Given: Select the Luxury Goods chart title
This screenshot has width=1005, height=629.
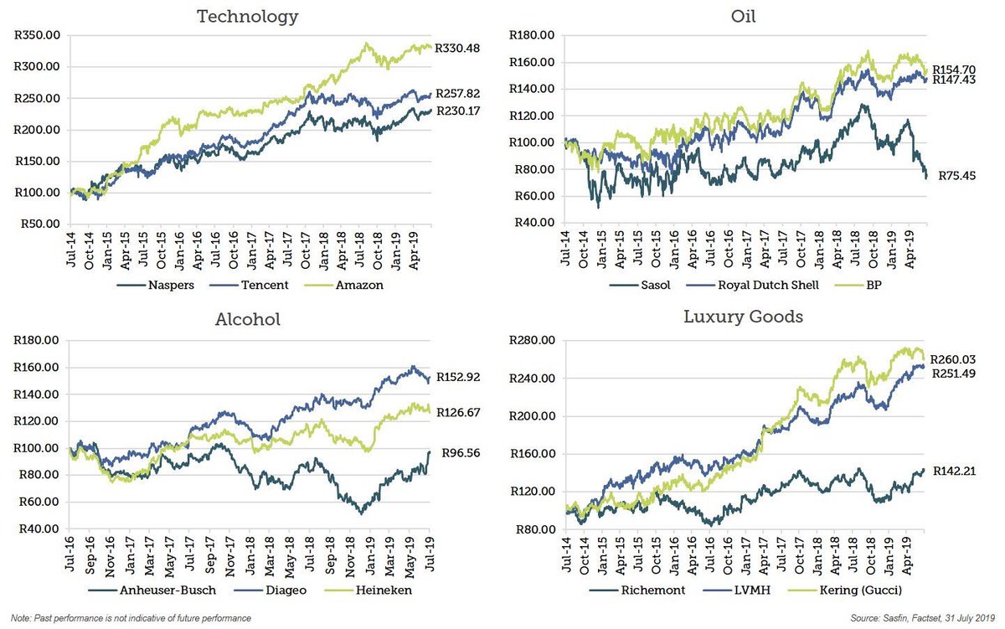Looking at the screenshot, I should point(744,317).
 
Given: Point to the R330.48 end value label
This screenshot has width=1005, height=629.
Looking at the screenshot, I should point(462,48).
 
